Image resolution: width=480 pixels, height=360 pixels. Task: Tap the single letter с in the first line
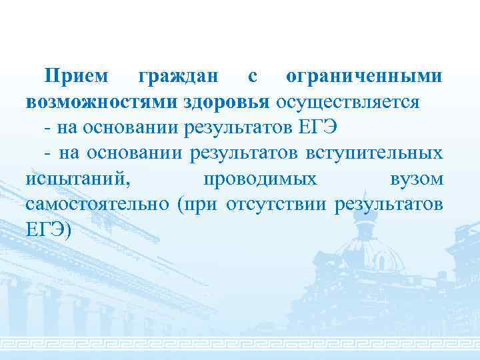pyautogui.click(x=252, y=77)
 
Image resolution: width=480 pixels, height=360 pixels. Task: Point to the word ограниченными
pyautogui.click(x=363, y=77)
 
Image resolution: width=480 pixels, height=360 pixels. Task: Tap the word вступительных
pyautogui.click(x=373, y=153)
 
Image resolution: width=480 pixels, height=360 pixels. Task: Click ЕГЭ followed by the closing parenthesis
pyautogui.click(x=51, y=229)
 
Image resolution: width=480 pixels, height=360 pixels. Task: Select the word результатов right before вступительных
pyautogui.click(x=244, y=153)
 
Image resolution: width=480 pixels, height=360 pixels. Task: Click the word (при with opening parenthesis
pyautogui.click(x=198, y=204)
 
